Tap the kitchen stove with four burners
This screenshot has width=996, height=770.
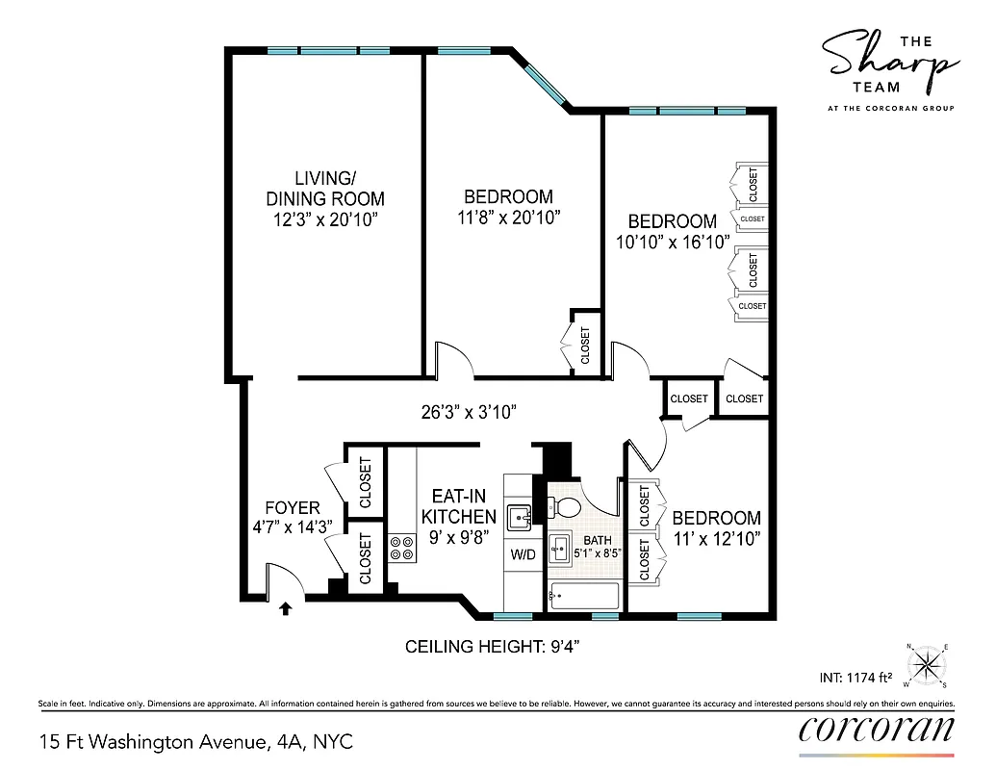401,548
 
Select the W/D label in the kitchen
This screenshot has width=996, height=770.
524,554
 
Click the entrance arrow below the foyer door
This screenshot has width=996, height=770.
286,607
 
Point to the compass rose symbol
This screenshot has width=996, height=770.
928,663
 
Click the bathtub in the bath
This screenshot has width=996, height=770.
583,597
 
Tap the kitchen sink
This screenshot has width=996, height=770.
521,516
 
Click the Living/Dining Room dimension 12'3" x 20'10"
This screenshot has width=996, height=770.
324,220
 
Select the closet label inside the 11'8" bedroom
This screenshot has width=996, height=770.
585,345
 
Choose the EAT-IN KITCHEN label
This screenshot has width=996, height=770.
459,506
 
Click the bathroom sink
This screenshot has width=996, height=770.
561,552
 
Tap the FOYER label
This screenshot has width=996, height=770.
293,507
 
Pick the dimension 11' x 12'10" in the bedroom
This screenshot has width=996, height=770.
716,539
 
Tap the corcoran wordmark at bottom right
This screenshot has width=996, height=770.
877,728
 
